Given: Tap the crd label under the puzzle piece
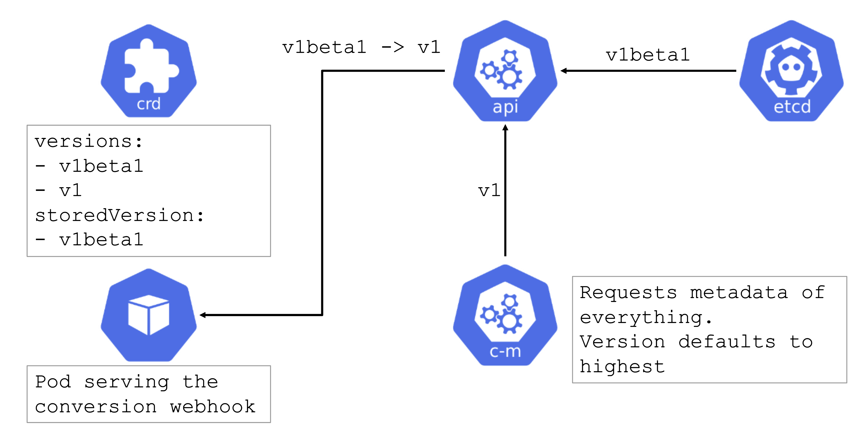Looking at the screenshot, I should coord(149,104).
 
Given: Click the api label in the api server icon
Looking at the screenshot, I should coord(505,107).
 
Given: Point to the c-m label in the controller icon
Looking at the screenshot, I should coord(505,352).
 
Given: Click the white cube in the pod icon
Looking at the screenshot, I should coord(149,315).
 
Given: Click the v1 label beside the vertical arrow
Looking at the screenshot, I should coord(489,191).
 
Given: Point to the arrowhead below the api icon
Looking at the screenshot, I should coord(505,128).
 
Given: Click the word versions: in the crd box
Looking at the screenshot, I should coord(89,141).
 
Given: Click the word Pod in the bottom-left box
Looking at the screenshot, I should coord(53,382).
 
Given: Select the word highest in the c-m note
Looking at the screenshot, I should coord(622,367).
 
